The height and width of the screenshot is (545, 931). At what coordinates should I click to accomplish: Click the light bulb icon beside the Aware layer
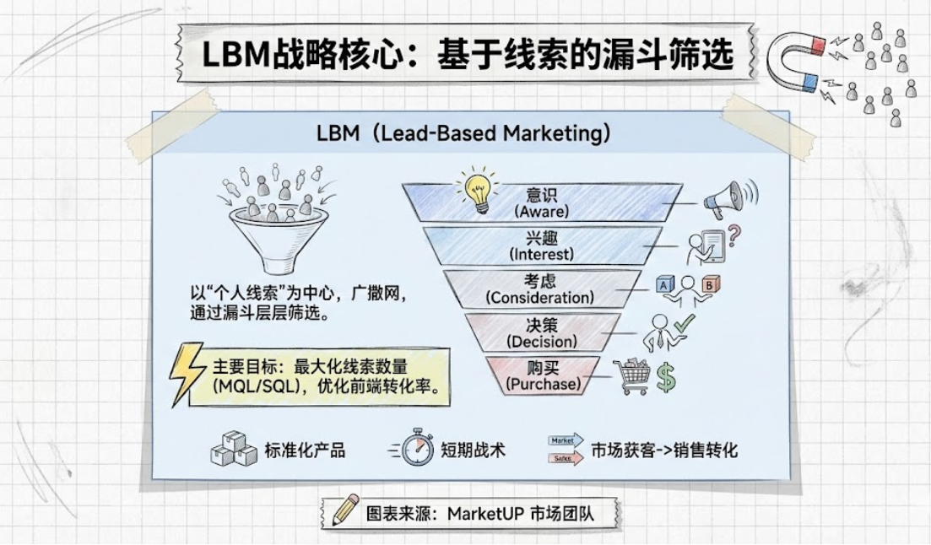pyautogui.click(x=479, y=192)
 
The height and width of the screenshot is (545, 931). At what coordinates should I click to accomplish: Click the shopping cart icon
pyautogui.click(x=634, y=376)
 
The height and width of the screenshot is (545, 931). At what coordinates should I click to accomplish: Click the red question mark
pyautogui.click(x=733, y=235)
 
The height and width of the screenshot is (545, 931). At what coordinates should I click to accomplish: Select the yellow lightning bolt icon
pyautogui.click(x=185, y=374)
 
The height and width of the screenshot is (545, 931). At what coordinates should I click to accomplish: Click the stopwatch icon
pyautogui.click(x=415, y=448)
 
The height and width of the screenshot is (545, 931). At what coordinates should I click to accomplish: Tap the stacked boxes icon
pyautogui.click(x=233, y=449)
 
